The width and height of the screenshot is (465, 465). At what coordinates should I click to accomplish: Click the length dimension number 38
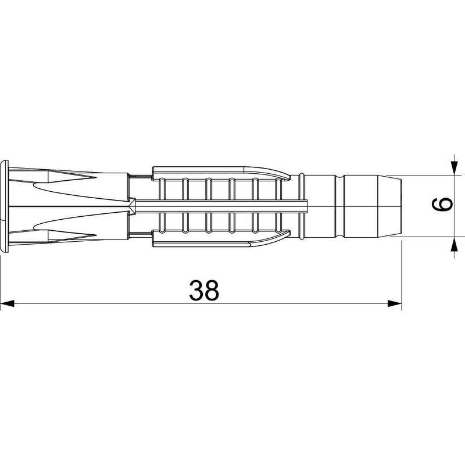(x=204, y=290)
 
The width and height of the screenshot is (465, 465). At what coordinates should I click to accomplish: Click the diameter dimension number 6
(x=442, y=205)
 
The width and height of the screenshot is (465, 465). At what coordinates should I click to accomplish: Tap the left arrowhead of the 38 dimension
(x=7, y=303)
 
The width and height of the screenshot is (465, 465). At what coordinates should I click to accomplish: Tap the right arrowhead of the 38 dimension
(x=395, y=303)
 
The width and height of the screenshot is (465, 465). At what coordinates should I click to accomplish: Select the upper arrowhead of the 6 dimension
(x=454, y=167)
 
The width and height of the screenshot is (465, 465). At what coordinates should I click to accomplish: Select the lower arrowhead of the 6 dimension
(x=454, y=244)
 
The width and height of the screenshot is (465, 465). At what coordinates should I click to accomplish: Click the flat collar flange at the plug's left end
(x=5, y=206)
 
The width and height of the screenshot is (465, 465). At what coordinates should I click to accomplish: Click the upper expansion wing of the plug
(x=221, y=173)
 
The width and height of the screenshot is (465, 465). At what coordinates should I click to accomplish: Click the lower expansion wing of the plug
(x=221, y=239)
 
